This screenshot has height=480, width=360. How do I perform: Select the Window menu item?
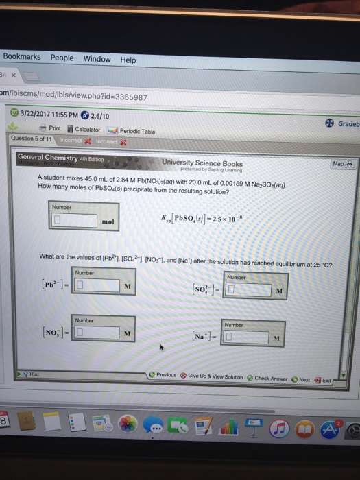tap(97, 59)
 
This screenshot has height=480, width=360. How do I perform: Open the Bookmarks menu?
tap(21, 58)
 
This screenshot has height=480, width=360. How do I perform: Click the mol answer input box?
tap(74, 221)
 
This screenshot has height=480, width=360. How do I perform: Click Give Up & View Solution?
tap(215, 376)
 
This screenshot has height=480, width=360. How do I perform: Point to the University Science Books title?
tap(202, 163)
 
